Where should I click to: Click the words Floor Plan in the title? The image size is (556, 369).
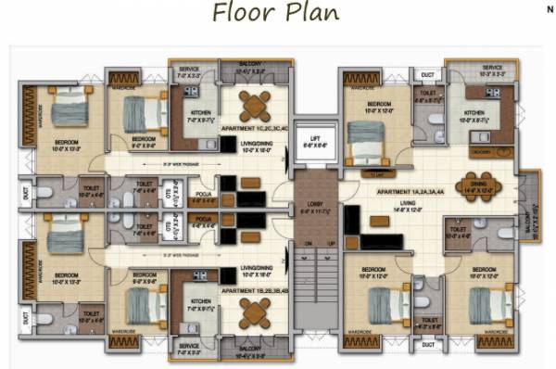click(275, 13)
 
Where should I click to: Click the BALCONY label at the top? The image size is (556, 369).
click(250, 64)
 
